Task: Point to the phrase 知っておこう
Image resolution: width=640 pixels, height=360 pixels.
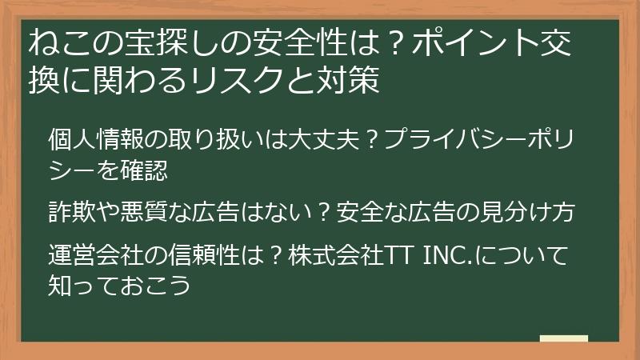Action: point(119,285)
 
